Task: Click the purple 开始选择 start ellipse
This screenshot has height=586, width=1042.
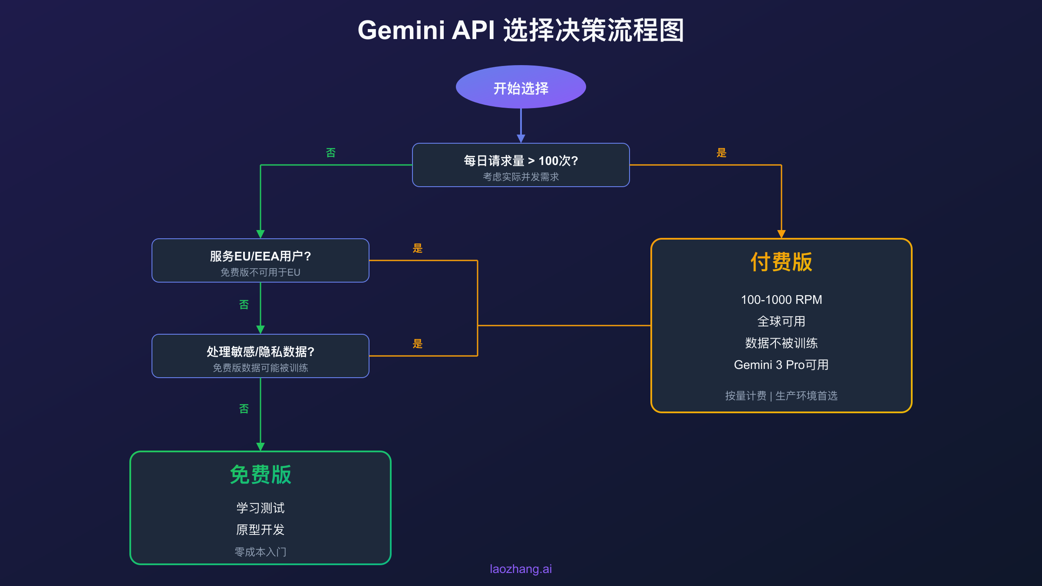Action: tap(521, 87)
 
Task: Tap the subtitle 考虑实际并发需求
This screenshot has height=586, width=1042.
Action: tap(521, 177)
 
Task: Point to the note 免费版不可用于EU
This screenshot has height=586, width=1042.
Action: tap(260, 273)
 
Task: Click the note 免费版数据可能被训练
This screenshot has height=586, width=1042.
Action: tap(260, 368)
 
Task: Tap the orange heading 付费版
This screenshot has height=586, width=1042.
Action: tap(781, 262)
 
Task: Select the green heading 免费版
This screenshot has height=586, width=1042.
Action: tap(260, 474)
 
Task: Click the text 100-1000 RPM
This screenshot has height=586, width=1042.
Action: tap(781, 300)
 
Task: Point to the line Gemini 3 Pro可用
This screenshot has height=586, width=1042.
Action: tap(781, 365)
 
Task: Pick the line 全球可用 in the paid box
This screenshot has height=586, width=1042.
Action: tap(781, 322)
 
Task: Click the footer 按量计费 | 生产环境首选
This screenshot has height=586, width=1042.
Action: tap(781, 396)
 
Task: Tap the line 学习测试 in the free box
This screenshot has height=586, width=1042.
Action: tap(260, 508)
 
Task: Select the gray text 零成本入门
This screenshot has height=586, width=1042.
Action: tap(260, 552)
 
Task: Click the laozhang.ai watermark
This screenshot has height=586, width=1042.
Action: tap(521, 569)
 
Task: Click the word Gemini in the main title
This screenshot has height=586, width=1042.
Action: tap(401, 30)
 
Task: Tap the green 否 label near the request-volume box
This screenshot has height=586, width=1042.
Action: tap(331, 153)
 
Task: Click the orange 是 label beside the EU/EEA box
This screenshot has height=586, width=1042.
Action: tap(418, 248)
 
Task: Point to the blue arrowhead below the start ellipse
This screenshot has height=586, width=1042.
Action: tap(521, 138)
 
